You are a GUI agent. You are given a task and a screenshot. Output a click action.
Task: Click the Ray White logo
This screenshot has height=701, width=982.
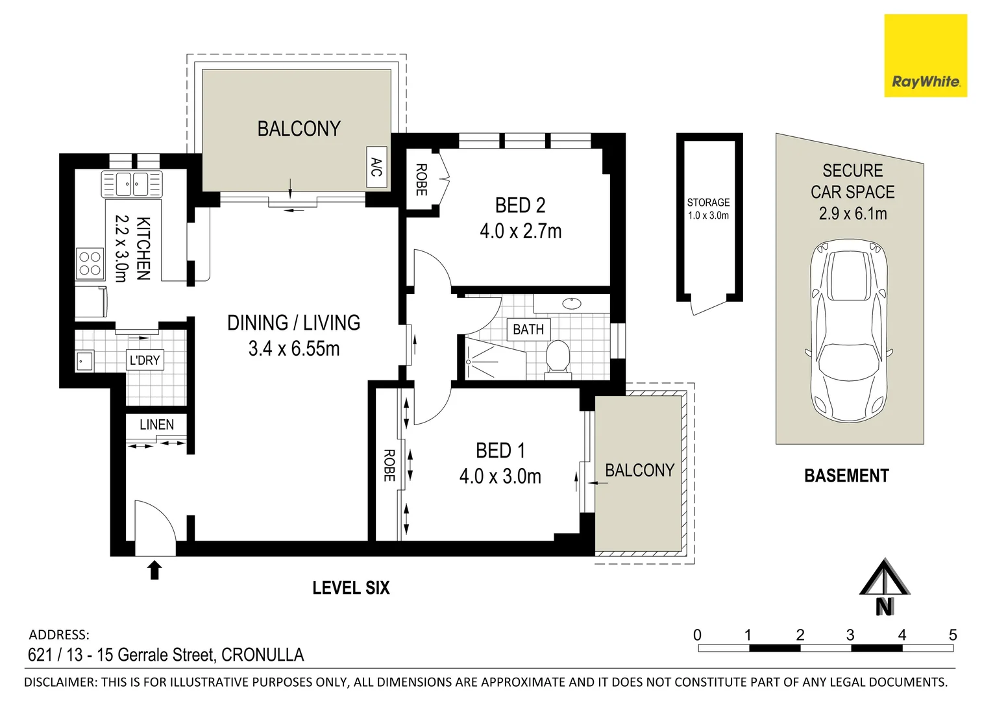(925, 56)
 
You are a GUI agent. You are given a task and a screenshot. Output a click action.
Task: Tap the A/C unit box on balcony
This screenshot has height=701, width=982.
(376, 167)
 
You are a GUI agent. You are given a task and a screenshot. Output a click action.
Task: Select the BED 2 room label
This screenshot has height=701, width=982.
(520, 205)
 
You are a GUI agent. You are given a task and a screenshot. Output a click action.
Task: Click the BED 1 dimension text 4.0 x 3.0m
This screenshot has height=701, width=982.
(500, 476)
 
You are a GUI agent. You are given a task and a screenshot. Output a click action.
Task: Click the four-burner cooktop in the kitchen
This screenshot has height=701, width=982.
(90, 264)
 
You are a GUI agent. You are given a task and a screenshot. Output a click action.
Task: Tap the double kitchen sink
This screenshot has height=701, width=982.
(132, 184)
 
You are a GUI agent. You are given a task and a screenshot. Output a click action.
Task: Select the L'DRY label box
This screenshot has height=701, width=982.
(144, 360)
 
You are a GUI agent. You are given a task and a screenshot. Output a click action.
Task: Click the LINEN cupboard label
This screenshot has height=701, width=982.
(156, 424)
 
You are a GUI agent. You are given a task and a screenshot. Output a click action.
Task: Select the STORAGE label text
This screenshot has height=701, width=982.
(708, 203)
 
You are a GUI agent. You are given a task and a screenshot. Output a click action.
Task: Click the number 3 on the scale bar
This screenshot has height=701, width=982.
(850, 635)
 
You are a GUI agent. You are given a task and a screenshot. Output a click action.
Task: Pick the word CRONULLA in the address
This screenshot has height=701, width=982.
(262, 654)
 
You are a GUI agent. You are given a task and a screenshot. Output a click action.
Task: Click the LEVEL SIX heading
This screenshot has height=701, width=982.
(350, 588)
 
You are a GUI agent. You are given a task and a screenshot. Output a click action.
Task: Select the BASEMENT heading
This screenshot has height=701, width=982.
(846, 476)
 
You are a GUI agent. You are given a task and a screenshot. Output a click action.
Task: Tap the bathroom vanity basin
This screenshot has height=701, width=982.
(572, 303)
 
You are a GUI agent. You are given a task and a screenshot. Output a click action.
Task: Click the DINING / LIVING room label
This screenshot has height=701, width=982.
(293, 323)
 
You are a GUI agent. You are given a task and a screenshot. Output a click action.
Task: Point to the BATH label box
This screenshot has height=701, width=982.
(528, 330)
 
